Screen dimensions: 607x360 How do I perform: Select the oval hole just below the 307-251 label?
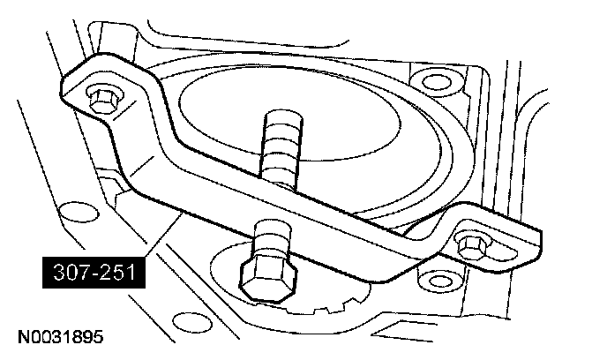66,308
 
